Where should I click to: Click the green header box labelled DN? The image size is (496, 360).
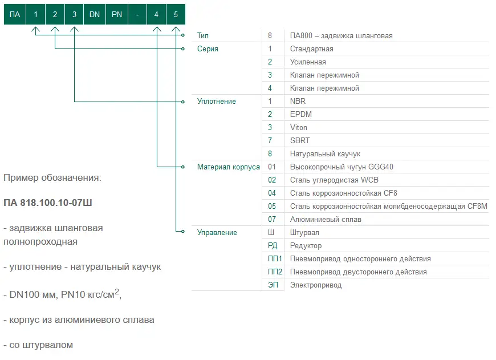94,14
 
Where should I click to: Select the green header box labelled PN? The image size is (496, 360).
117,14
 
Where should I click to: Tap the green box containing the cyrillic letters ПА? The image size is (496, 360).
15,14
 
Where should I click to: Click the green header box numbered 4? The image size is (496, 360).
156,14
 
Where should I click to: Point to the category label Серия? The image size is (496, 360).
208,48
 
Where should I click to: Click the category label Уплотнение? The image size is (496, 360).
217,102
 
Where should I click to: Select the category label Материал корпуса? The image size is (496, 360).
229,167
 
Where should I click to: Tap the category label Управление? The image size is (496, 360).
217,232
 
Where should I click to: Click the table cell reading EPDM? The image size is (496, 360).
301,114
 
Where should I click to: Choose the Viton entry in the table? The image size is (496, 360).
299,128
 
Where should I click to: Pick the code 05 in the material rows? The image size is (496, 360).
272,206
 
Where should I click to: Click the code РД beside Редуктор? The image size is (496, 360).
273,246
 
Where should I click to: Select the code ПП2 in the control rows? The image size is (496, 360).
275,272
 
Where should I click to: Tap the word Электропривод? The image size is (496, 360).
316,285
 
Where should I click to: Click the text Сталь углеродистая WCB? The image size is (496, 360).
334,180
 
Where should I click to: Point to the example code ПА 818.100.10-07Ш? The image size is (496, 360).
48,203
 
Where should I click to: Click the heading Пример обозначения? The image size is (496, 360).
52,178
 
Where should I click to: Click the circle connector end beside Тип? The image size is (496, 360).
183,35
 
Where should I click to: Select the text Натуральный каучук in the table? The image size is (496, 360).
325,154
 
